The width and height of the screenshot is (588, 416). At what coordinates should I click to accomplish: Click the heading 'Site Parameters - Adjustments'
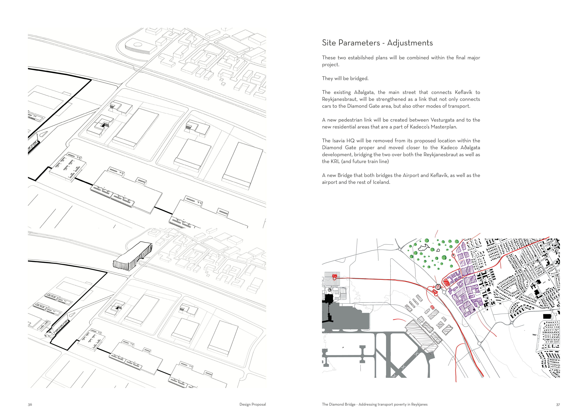(377, 43)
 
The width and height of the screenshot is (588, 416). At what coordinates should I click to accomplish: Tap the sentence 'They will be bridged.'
(345, 78)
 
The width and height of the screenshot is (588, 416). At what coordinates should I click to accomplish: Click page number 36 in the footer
(30, 404)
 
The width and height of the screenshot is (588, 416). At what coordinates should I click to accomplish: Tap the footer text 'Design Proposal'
(252, 404)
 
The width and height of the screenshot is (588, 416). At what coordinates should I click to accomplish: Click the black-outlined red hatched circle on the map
(438, 287)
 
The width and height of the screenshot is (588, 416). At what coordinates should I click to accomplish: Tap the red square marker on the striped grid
(334, 276)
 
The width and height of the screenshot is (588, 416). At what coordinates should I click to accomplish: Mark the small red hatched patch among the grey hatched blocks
(432, 307)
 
